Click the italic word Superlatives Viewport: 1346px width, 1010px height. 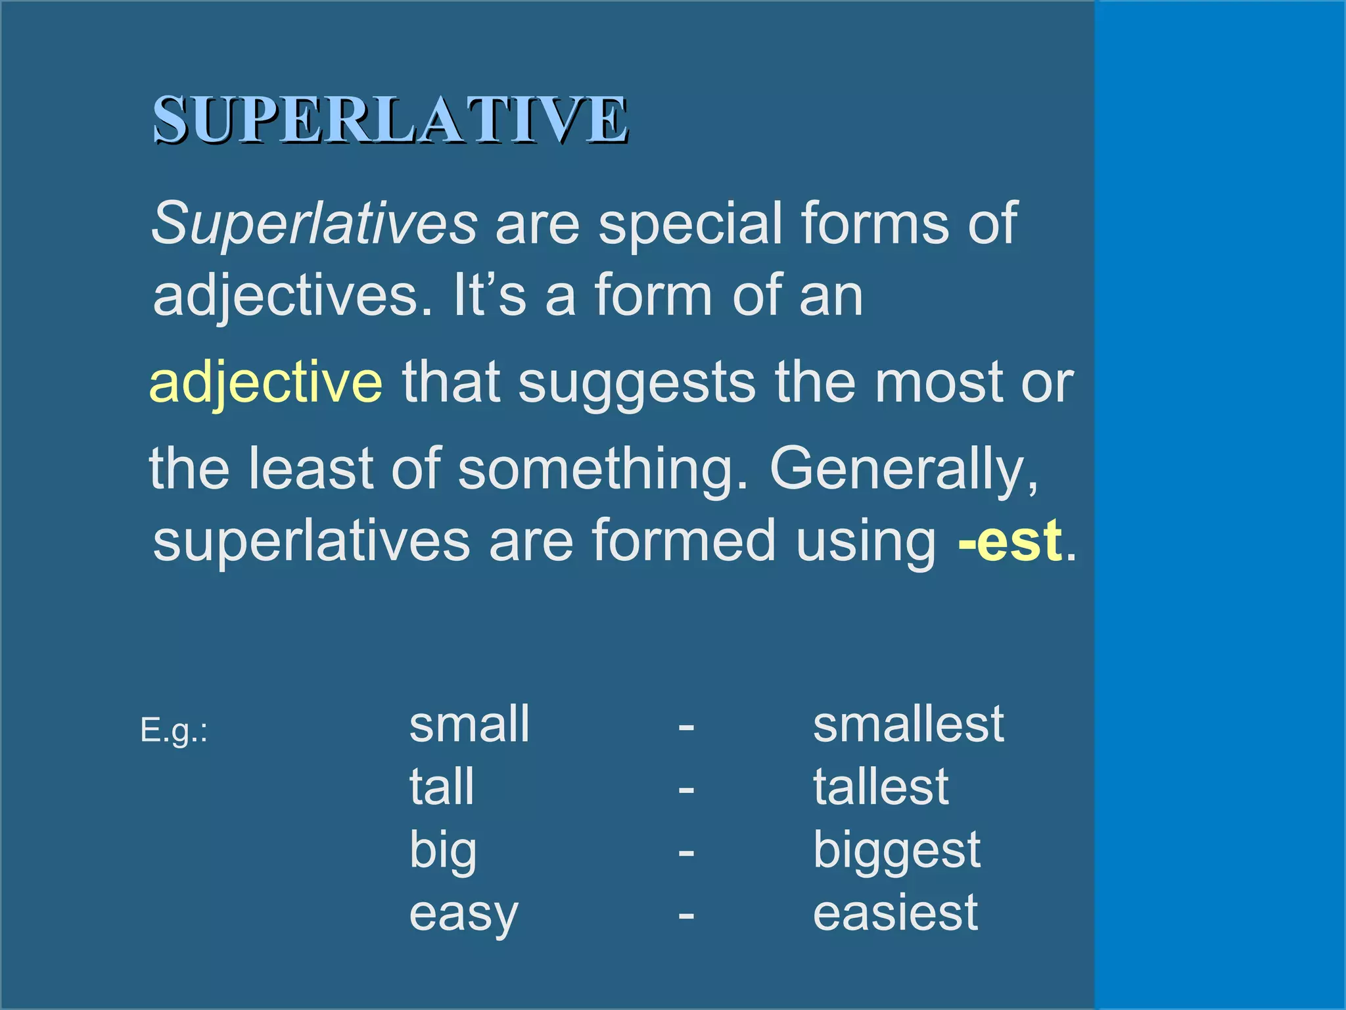(x=314, y=224)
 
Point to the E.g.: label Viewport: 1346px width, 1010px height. (x=174, y=731)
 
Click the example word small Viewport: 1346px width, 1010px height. (x=469, y=724)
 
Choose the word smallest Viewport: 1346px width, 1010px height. (x=908, y=724)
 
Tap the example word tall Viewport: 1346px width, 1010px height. (x=442, y=786)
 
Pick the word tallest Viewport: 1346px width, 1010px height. (x=881, y=786)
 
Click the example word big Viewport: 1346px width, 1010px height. (x=443, y=850)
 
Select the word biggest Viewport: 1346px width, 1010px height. (x=896, y=850)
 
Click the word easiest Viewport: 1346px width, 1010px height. (x=895, y=913)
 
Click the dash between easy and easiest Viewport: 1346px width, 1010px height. (x=686, y=915)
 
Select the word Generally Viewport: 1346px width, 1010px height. (x=904, y=469)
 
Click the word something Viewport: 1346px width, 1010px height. (x=603, y=469)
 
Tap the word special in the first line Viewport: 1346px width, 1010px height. (x=690, y=224)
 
